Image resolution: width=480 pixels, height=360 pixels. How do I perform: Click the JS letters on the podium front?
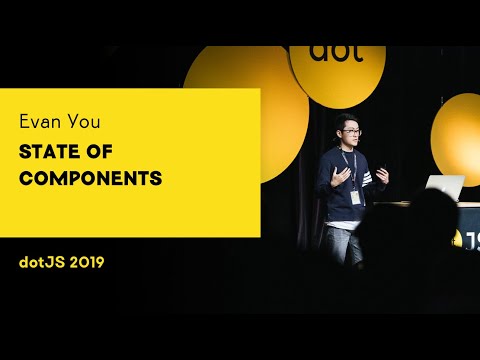pos(469,239)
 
